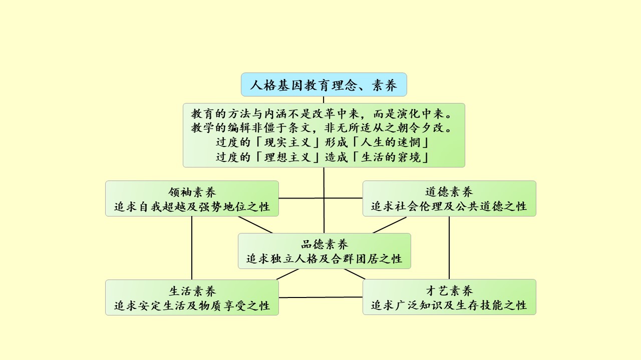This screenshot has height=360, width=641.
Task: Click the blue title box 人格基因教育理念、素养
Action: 324,85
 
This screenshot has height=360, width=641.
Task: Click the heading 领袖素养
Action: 192,192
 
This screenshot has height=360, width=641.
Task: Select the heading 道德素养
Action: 449,192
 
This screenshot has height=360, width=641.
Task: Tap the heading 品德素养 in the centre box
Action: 324,244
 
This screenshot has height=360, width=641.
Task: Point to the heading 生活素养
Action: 192,290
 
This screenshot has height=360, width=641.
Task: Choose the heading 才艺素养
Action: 449,290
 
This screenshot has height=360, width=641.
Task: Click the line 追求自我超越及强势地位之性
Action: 192,206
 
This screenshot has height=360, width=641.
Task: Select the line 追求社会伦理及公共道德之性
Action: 449,206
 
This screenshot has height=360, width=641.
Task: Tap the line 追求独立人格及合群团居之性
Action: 324,258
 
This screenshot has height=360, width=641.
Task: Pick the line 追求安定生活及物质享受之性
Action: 192,305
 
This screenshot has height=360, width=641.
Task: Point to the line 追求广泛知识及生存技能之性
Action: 449,305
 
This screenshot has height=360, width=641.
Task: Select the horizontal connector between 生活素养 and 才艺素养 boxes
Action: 320,297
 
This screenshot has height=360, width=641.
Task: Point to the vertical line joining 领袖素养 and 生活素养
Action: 192,247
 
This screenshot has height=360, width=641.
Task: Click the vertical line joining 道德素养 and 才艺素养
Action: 449,247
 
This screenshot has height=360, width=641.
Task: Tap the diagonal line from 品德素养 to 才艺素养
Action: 355,274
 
